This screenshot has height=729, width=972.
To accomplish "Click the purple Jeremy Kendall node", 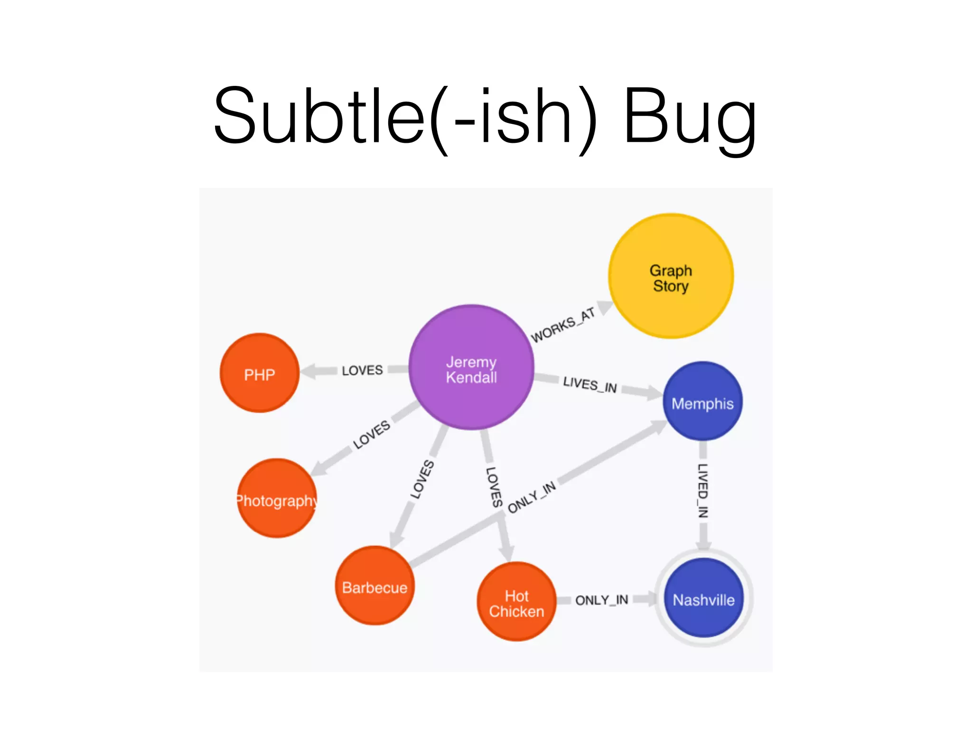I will click(x=471, y=368).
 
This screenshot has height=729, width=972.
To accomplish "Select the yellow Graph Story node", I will click(x=671, y=276).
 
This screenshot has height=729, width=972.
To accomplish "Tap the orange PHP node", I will click(x=260, y=373).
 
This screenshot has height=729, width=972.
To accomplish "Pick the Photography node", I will click(x=277, y=498).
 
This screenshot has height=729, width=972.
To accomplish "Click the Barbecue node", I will click(x=374, y=586).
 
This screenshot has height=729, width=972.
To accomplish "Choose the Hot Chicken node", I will click(x=516, y=602).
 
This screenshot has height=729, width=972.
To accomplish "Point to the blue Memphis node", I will click(x=702, y=402).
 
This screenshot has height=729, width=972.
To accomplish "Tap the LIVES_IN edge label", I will click(x=590, y=384).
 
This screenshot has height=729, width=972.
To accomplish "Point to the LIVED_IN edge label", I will click(x=703, y=490).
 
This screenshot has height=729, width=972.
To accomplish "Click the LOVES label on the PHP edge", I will click(x=362, y=370).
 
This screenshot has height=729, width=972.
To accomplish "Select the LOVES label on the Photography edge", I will click(x=372, y=434).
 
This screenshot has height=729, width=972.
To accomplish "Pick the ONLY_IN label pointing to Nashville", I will click(x=601, y=600).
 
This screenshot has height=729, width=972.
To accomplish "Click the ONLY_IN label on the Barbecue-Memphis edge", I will click(x=532, y=497).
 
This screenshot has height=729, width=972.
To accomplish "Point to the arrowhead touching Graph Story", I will click(x=605, y=307).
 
